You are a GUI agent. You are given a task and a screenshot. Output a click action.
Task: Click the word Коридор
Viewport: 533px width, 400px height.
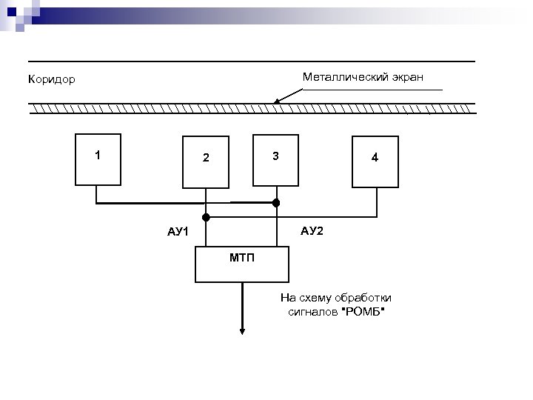pyautogui.click(x=51, y=79)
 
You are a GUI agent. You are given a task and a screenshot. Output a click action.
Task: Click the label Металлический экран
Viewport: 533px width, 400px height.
pyautogui.click(x=363, y=77)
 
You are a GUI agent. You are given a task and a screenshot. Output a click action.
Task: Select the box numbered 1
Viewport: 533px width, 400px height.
pyautogui.click(x=98, y=159)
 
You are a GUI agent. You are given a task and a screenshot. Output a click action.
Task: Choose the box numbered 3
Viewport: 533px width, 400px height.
pyautogui.click(x=275, y=159)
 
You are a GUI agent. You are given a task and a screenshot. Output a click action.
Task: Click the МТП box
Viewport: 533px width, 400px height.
pyautogui.click(x=241, y=264)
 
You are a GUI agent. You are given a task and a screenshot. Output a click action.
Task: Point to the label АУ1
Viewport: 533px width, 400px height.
pyautogui.click(x=178, y=232)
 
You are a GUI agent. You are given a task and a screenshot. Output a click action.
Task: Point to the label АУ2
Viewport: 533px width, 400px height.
pyautogui.click(x=312, y=231)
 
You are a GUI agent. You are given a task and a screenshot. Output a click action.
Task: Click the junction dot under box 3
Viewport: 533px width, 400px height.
pyautogui.click(x=276, y=202)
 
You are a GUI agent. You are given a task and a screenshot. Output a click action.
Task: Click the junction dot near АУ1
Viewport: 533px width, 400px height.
pyautogui.click(x=207, y=217)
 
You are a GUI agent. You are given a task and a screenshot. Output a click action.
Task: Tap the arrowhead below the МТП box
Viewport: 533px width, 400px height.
pyautogui.click(x=241, y=330)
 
